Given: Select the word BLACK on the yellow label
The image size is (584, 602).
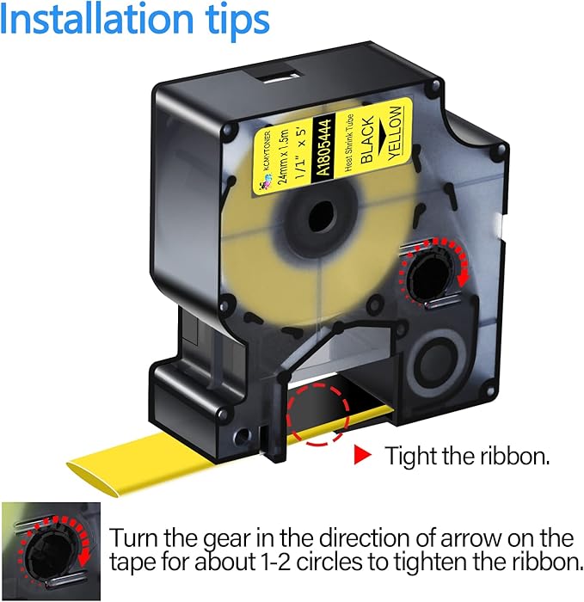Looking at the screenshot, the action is pyautogui.click(x=367, y=139).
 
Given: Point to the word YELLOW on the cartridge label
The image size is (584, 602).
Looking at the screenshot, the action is pyautogui.click(x=395, y=132).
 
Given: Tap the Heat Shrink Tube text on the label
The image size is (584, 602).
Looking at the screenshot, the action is pyautogui.click(x=348, y=143).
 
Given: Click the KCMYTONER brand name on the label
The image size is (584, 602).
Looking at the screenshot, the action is pyautogui.click(x=267, y=151).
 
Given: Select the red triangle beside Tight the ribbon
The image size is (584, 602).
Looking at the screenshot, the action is pyautogui.click(x=362, y=455).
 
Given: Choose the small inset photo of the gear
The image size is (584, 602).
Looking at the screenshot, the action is pyautogui.click(x=51, y=551).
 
